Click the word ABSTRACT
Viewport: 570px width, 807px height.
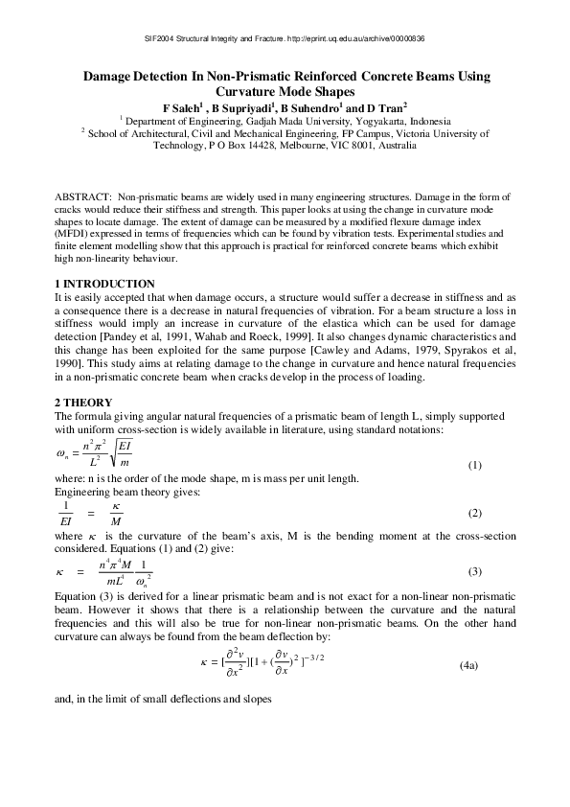82,196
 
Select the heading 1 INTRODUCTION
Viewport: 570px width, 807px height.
104,284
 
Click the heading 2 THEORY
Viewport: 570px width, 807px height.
84,402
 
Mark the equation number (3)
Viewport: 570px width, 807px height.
473,571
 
